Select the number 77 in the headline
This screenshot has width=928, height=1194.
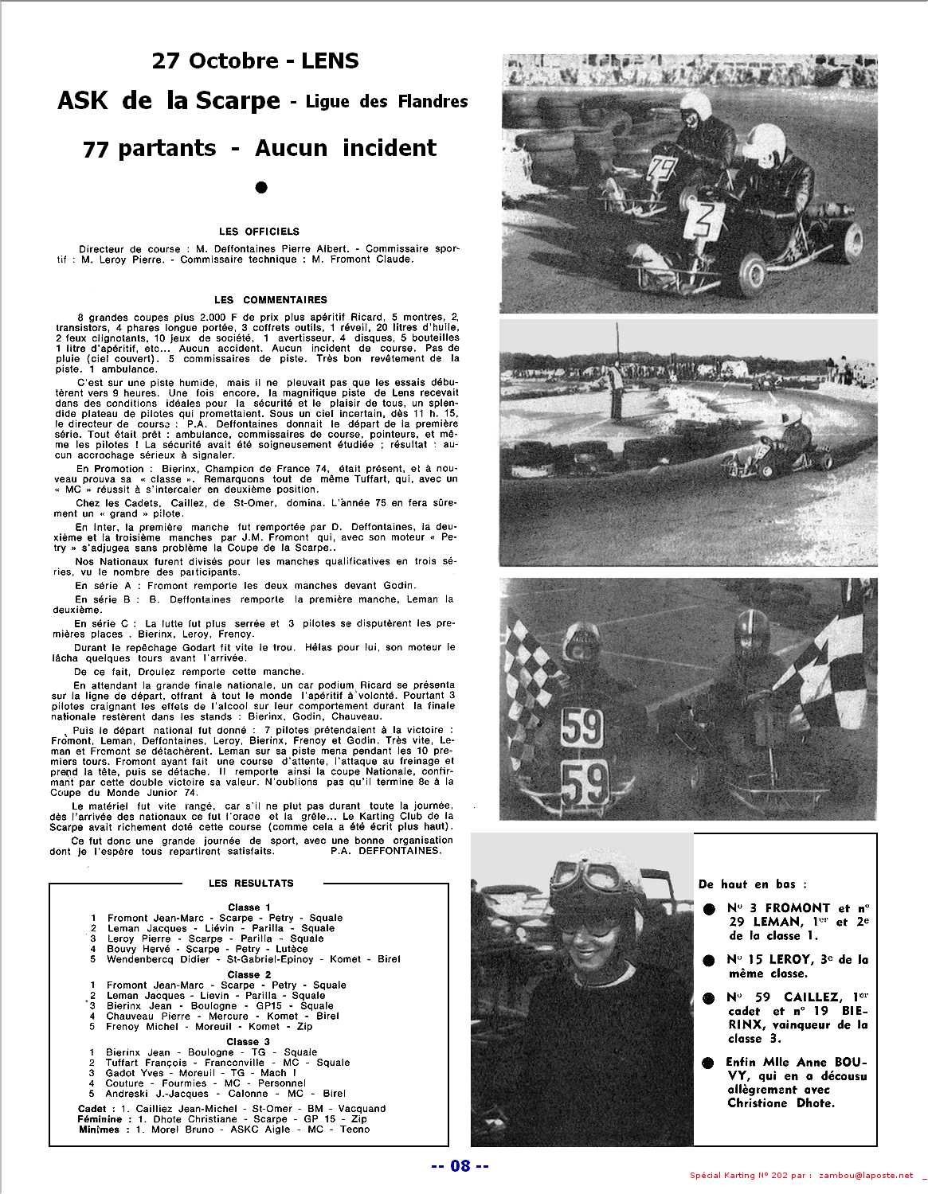coord(96,148)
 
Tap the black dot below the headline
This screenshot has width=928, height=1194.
coord(260,188)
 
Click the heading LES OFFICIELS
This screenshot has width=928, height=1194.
coord(260,232)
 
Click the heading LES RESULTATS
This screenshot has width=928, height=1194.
coord(251,883)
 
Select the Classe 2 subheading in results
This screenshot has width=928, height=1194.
coord(249,974)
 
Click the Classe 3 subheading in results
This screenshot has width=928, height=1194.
coord(249,1041)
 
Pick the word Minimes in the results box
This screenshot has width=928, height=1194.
coord(99,1130)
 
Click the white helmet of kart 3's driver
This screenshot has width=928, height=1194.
coord(768,144)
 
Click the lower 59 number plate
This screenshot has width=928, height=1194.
coord(585,782)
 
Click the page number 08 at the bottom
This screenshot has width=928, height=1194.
coord(460,1166)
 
